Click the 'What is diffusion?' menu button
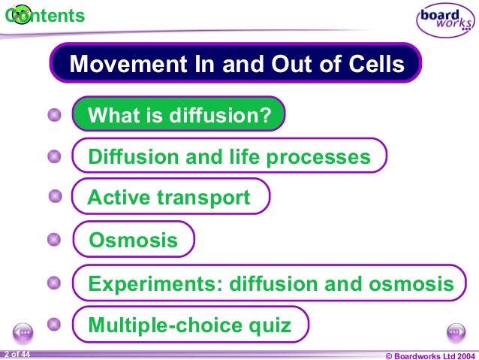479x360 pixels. coord(179,116)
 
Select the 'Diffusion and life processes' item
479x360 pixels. coord(229,156)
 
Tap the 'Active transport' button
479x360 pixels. coord(170,198)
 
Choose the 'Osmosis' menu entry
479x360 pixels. coord(134,241)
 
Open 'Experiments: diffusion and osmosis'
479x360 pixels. coord(270,283)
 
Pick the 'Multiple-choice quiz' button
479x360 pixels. coord(191,325)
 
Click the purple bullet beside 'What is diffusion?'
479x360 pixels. coord(54,115)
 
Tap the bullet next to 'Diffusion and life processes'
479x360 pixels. coord(54,156)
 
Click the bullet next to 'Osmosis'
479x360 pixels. coord(54,240)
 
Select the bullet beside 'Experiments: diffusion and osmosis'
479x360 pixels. coord(54,283)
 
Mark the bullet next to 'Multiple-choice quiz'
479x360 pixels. coord(54,325)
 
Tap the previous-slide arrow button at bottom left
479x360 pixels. coord(23,332)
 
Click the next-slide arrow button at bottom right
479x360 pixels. coord(456,332)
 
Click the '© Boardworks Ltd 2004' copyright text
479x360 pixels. coord(429,355)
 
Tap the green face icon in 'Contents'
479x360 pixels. coord(22,14)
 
